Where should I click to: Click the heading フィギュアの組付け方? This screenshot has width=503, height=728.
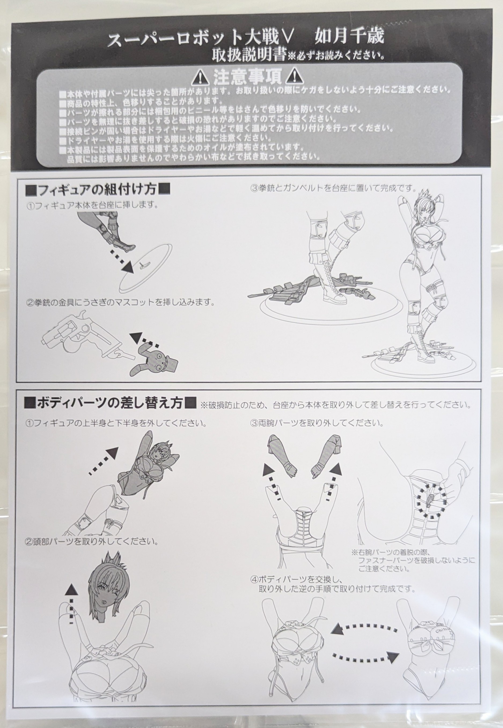tap(98, 190)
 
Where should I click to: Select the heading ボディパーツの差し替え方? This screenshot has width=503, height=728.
tap(110, 403)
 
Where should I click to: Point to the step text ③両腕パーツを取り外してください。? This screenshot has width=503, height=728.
tap(317, 423)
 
